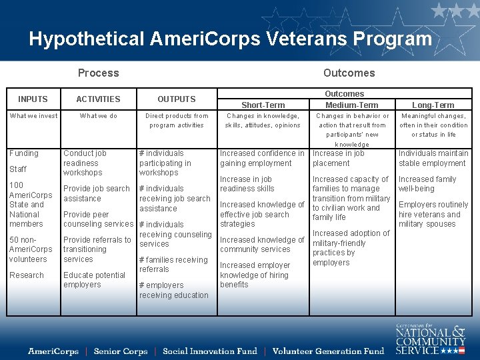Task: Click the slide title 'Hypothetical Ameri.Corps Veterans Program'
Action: tap(230, 39)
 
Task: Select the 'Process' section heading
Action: tap(98, 73)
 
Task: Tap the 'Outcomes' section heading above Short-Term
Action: tap(349, 73)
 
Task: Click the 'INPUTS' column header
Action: tap(33, 99)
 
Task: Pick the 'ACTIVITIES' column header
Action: tap(98, 99)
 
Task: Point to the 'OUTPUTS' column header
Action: tap(177, 99)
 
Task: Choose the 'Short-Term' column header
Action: tap(263, 105)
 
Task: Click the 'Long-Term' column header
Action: tap(433, 105)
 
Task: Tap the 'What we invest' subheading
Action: tap(33, 116)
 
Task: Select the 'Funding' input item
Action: tap(24, 153)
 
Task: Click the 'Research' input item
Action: tap(27, 275)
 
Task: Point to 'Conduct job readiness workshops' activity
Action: tap(85, 163)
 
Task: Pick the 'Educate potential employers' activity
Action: tap(94, 280)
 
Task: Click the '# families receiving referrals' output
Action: tap(173, 265)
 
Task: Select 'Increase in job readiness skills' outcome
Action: tap(247, 184)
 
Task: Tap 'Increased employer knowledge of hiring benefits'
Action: tap(253, 275)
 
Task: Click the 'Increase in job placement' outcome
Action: tap(339, 158)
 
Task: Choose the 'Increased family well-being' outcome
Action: tap(427, 184)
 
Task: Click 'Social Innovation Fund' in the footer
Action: tap(210, 351)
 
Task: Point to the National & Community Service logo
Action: tap(430, 339)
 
